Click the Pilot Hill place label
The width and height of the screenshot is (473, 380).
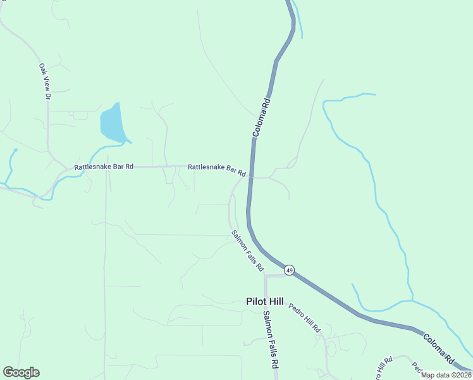tap(265, 302)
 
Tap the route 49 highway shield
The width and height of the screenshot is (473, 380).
tap(289, 270)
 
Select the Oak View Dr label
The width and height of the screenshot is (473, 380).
tap(44, 81)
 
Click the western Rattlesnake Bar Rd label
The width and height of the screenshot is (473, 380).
tap(104, 167)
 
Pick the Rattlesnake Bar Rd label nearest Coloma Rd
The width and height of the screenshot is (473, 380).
tap(216, 168)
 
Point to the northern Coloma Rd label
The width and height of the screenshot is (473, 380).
tap(262, 118)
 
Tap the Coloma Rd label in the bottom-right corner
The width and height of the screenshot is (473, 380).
tap(439, 348)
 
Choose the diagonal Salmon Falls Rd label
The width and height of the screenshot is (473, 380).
tap(247, 251)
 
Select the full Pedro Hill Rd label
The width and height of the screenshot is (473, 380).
tap(305, 318)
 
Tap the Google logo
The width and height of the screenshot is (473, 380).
tap(21, 372)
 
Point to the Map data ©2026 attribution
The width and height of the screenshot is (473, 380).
tap(446, 375)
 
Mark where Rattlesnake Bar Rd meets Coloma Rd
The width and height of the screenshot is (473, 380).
tap(252, 177)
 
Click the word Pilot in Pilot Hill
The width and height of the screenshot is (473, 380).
tap(256, 302)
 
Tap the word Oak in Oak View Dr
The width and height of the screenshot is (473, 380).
tap(42, 68)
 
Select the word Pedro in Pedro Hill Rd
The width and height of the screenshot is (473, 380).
tap(297, 311)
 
